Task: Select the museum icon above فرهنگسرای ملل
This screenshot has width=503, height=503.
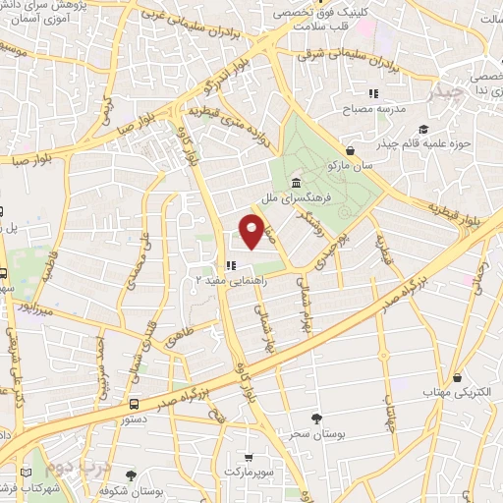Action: [297, 183]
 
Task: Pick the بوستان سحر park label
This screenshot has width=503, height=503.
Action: [314, 432]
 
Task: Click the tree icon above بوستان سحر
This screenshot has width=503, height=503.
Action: [314, 418]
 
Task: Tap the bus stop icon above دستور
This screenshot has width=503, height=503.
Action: [134, 404]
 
